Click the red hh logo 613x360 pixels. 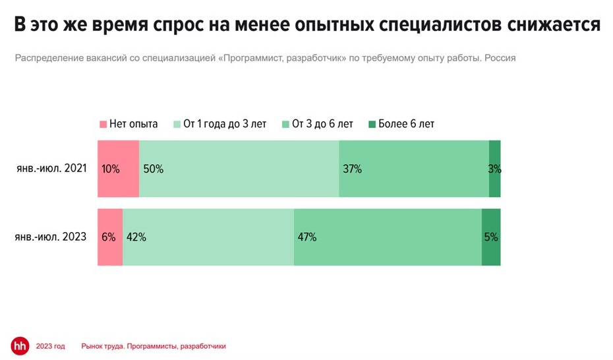pos(20,345)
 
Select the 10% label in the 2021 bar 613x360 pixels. pos(111,169)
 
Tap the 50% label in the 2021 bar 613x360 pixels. pos(154,169)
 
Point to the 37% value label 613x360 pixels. pos(352,169)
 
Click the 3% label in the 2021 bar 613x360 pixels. pos(494,169)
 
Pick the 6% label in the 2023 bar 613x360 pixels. pos(109,237)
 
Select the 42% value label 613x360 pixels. pos(136,237)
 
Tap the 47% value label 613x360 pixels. pos(307,237)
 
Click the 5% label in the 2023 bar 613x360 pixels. pos(491,237)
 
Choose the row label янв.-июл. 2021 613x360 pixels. pos(52,169)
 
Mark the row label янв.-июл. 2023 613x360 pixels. pos(52,237)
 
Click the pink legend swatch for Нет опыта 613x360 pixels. pos(102,124)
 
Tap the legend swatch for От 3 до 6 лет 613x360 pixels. pos(285,124)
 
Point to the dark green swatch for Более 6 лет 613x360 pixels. pos(372,124)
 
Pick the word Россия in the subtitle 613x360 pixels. pos(500,58)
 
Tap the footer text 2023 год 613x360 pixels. pos(51,346)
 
